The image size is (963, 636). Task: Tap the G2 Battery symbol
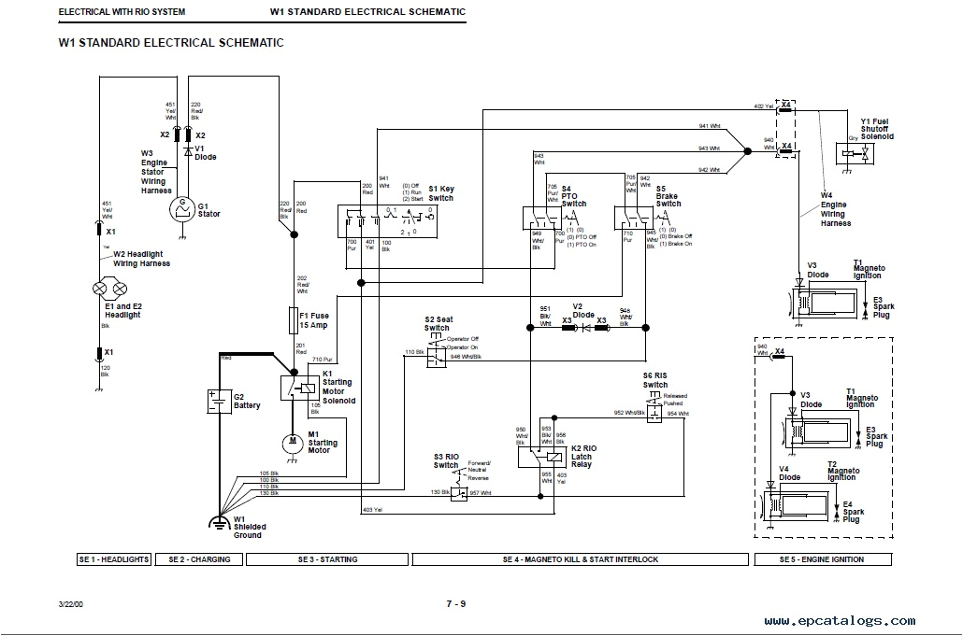[219, 401]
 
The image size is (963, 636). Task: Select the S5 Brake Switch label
[668, 195]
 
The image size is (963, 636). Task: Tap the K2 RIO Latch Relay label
[583, 456]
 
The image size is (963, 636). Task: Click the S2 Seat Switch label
[437, 323]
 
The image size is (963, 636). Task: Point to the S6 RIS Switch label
[655, 379]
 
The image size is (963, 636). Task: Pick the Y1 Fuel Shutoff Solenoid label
[877, 129]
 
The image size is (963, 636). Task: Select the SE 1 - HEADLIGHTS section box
[114, 559]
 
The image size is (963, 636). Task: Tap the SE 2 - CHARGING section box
[200, 559]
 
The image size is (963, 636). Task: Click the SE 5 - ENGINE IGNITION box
[822, 559]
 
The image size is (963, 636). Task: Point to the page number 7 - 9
[455, 603]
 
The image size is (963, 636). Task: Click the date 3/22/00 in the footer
[71, 604]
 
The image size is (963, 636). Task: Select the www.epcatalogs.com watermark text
[839, 620]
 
